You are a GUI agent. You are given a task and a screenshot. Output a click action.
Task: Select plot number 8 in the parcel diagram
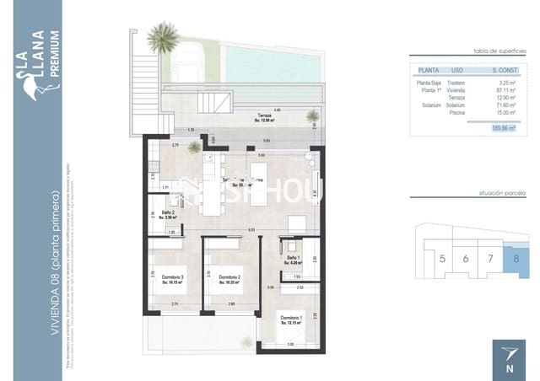tap(516, 257)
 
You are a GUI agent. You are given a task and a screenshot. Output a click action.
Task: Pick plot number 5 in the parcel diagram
tap(443, 258)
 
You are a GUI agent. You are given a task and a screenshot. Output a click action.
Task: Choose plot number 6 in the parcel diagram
tap(466, 258)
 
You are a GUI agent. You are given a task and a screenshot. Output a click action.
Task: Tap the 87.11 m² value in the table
tap(505, 90)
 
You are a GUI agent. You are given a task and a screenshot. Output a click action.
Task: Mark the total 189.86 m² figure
tap(504, 127)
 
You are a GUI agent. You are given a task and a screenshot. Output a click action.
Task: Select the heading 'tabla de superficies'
tap(495, 51)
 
